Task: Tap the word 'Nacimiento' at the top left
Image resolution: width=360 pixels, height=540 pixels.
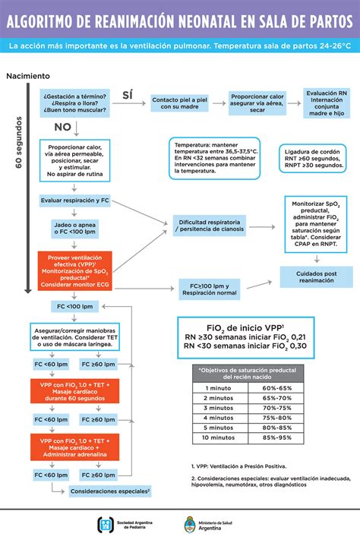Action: pos(28,76)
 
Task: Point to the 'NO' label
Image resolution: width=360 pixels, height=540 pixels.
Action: pos(62,127)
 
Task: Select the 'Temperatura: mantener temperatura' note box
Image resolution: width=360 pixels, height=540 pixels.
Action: pos(216,157)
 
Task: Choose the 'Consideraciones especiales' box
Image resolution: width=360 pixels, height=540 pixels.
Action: pos(109,492)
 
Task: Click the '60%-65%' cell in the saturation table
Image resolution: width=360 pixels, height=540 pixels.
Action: pos(276,388)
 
